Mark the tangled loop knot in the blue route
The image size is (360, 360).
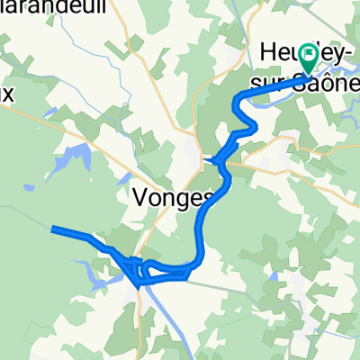pyautogui.click(x=135, y=268)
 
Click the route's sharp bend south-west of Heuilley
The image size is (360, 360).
pyautogui.click(x=238, y=103)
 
